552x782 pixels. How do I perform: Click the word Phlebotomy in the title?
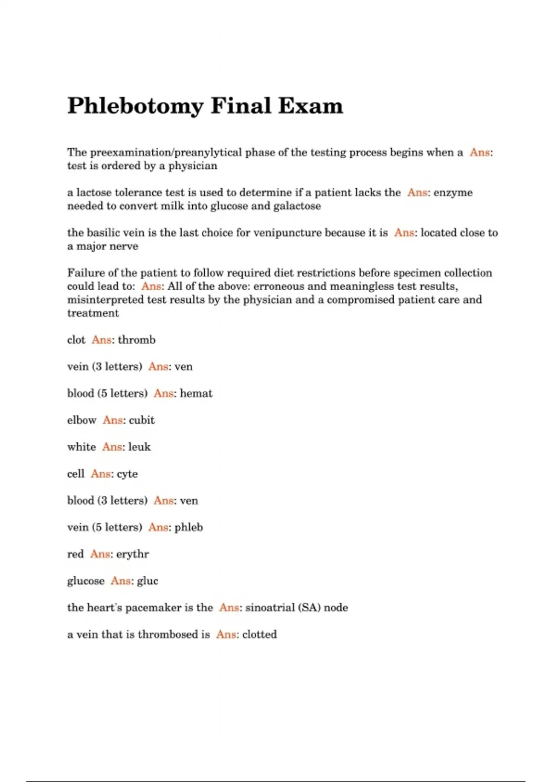[135, 107]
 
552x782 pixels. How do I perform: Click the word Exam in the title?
[310, 106]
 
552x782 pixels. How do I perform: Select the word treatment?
[93, 313]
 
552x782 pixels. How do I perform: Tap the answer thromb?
[137, 340]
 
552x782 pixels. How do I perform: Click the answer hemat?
[196, 393]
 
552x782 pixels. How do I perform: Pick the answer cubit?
[142, 420]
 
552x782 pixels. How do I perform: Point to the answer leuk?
[139, 447]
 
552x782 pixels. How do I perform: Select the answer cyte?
[127, 474]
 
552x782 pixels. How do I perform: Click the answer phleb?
[189, 527]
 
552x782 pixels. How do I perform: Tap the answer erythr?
[132, 554]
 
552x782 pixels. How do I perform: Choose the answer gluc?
[147, 581]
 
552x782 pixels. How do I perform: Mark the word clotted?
[259, 634]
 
